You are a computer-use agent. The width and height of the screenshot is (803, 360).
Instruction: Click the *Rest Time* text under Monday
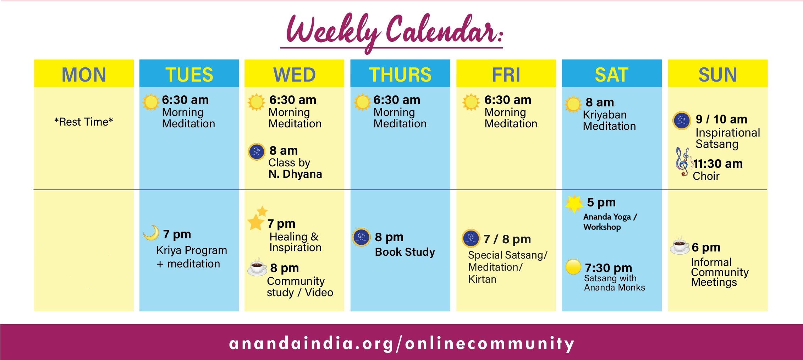(84, 122)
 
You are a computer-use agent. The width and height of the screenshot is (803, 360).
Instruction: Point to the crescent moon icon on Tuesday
(152, 233)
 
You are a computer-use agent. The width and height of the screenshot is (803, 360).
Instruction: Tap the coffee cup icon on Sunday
(680, 245)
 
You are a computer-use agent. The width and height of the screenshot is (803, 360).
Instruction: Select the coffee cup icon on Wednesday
(257, 267)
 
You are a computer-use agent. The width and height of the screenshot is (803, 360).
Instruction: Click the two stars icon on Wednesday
(257, 218)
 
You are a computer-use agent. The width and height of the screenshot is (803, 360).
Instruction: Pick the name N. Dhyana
(295, 174)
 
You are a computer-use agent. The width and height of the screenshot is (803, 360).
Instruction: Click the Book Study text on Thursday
(405, 252)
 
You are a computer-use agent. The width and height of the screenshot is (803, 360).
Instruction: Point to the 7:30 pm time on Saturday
(608, 267)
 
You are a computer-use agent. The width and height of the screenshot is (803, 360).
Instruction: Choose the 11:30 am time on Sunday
(718, 164)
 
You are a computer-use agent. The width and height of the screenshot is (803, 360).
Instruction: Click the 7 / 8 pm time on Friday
(507, 239)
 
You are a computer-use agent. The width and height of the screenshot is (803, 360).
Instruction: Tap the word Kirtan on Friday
(482, 279)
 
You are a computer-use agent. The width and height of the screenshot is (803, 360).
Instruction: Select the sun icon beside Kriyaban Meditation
(573, 104)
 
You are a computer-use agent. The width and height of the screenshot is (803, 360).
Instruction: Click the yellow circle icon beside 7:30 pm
(573, 267)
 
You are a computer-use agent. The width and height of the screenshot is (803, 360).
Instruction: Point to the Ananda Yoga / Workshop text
(610, 222)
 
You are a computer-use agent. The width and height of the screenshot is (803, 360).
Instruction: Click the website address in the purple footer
(402, 343)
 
